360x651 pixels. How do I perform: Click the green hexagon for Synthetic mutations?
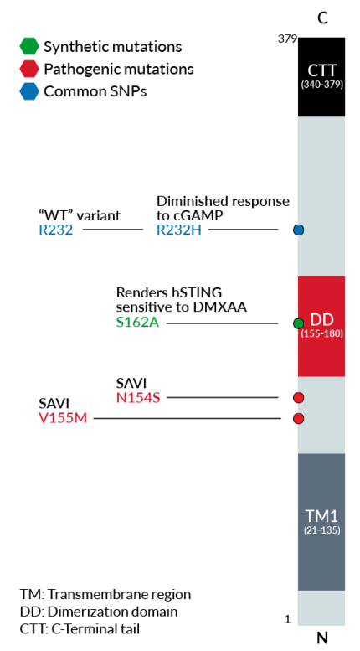(29, 47)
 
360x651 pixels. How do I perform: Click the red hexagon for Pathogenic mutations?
(29, 69)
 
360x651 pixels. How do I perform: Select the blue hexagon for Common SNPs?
(29, 91)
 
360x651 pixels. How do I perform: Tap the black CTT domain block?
(321, 76)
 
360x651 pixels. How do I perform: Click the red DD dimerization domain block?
(321, 326)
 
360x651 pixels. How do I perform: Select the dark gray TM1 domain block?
(321, 521)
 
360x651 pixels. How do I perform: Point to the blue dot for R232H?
(298, 230)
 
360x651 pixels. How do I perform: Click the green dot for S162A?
(298, 323)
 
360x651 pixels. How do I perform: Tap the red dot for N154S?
(298, 397)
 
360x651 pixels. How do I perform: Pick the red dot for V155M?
(298, 418)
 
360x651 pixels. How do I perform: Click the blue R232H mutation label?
(179, 230)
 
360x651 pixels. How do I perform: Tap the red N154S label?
(138, 397)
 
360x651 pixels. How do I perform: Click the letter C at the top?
(322, 18)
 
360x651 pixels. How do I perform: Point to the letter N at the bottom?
(322, 638)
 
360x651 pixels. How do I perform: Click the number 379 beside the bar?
(288, 39)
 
